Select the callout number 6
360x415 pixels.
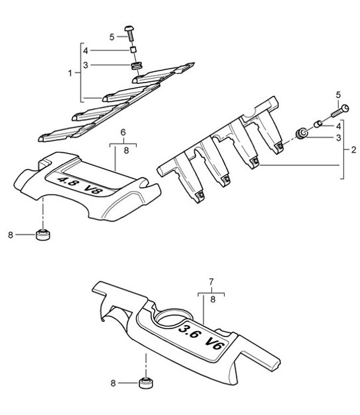(122, 132)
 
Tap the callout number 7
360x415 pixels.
(211, 282)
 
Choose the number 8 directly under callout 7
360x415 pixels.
(211, 299)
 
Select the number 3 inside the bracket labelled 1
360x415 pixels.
(85, 64)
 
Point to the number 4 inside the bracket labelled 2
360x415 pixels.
(338, 126)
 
